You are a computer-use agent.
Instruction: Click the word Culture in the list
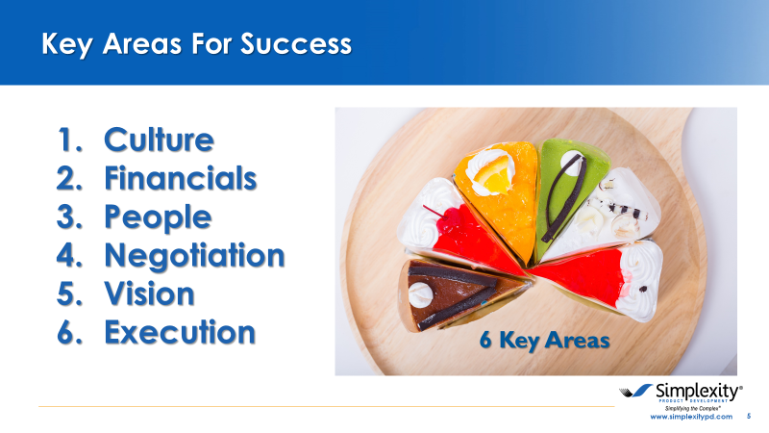click(159, 140)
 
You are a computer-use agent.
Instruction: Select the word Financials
click(181, 178)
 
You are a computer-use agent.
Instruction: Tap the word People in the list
click(158, 217)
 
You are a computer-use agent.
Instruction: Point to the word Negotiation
click(194, 255)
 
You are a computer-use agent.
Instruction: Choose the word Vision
click(149, 293)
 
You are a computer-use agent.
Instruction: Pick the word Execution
click(180, 332)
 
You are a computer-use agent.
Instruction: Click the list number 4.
click(69, 255)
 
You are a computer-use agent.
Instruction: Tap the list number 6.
click(69, 332)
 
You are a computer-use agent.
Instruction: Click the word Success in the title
click(296, 44)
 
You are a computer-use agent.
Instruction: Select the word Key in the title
click(66, 45)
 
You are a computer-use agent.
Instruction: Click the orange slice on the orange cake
click(494, 178)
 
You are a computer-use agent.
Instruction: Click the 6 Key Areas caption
click(544, 341)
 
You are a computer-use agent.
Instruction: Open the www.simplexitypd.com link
click(691, 417)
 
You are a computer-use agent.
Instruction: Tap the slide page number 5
click(749, 416)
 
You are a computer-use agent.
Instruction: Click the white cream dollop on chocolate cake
click(420, 294)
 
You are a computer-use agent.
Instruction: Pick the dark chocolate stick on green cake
click(564, 199)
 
